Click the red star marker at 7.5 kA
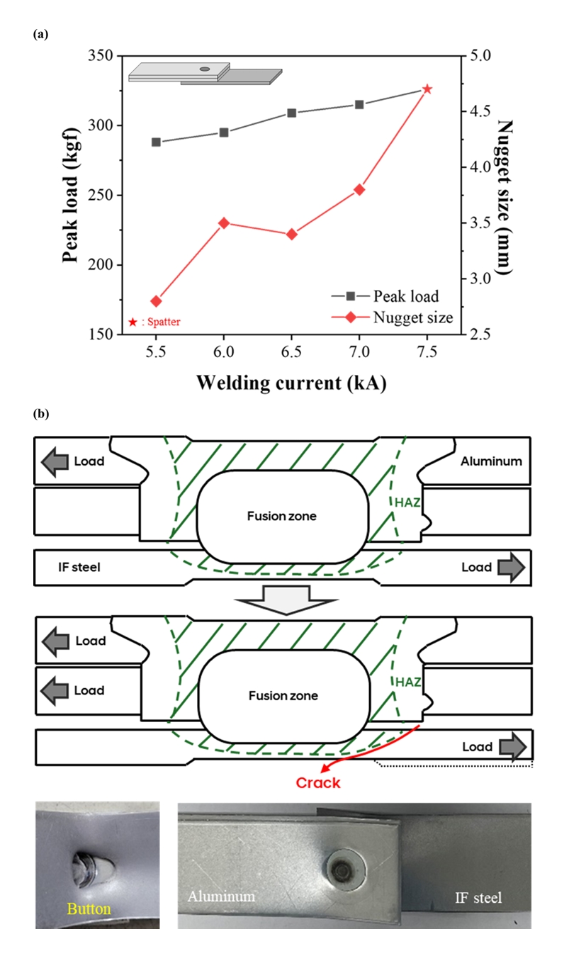[x=427, y=89]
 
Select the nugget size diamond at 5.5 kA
[x=156, y=301]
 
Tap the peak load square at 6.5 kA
[x=291, y=113]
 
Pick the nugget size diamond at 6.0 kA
[x=224, y=223]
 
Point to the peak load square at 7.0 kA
[x=359, y=105]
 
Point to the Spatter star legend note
[x=154, y=322]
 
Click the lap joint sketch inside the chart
[x=205, y=73]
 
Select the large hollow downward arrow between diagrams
[x=283, y=600]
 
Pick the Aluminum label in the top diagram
[x=491, y=461]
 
